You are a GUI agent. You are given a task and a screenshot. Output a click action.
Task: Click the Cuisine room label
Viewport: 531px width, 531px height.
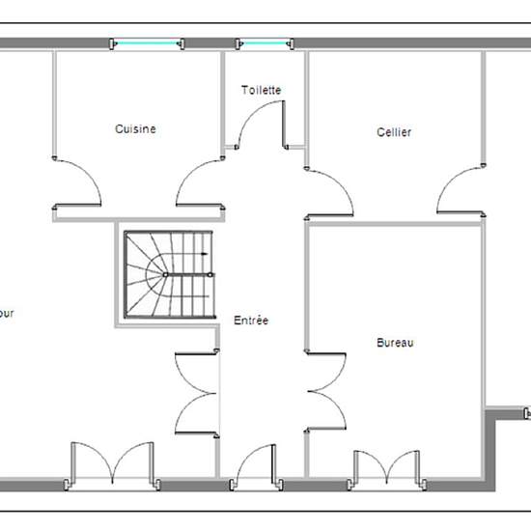click(135, 128)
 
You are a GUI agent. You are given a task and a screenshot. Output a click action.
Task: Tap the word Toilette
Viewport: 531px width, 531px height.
click(261, 90)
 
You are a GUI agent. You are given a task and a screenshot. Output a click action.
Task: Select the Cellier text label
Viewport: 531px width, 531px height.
click(394, 132)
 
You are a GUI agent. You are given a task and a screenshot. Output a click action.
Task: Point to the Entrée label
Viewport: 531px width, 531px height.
click(251, 321)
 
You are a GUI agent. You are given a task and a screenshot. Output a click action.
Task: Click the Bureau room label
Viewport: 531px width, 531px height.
click(395, 343)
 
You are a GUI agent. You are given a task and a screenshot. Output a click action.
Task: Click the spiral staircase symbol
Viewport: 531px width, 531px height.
click(167, 274)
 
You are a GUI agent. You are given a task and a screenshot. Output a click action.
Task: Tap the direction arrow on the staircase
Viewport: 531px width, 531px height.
click(202, 253)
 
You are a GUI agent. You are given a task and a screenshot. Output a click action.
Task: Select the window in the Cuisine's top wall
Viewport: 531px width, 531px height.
click(147, 42)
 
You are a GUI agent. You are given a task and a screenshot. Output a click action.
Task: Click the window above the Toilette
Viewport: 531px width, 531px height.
click(264, 42)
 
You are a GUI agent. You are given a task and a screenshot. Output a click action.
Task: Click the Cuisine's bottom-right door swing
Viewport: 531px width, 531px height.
click(201, 183)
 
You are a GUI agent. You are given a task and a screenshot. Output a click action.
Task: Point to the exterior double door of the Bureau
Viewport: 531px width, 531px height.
click(385, 466)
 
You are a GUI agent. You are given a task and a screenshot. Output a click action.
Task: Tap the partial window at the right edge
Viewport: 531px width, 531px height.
click(526, 413)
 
